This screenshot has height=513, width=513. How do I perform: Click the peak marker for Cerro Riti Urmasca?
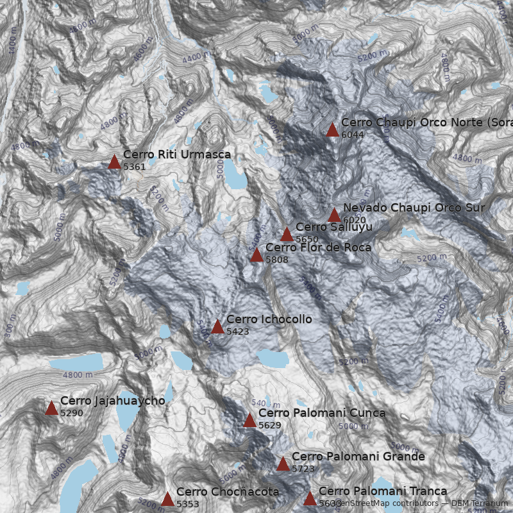(114, 162)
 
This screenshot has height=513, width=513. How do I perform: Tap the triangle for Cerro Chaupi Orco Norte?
(332, 130)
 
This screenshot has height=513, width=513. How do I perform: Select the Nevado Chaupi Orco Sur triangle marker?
(334, 215)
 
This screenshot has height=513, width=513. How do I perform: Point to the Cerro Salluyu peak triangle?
(287, 235)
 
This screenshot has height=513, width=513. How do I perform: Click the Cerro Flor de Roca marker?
(256, 255)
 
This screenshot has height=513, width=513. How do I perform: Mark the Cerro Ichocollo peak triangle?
(217, 327)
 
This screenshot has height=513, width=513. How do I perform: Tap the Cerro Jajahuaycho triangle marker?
(51, 408)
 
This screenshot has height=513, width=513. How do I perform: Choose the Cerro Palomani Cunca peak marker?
(249, 420)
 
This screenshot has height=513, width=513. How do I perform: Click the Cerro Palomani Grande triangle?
(283, 464)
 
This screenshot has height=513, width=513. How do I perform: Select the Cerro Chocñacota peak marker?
(167, 499)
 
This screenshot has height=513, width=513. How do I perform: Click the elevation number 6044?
(353, 135)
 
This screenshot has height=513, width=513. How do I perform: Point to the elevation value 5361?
(135, 167)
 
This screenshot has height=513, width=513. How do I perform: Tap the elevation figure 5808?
(277, 260)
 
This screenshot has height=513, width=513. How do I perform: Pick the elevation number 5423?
(238, 332)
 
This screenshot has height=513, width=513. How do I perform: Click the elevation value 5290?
(72, 413)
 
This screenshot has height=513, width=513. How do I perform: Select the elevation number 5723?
(303, 469)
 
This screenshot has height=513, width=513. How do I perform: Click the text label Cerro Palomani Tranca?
(383, 491)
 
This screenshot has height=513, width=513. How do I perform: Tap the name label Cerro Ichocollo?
(269, 319)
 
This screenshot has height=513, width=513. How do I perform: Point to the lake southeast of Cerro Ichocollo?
(273, 358)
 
